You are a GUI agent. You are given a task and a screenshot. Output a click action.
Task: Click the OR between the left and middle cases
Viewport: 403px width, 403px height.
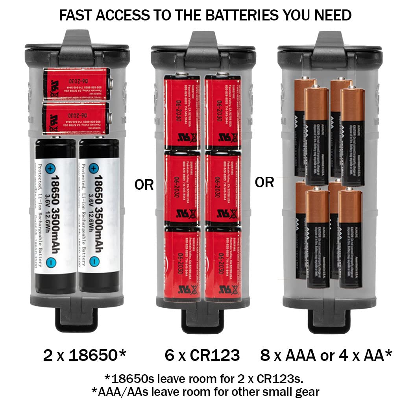144,184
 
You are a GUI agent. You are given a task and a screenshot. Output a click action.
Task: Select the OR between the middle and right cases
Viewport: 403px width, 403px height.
264,182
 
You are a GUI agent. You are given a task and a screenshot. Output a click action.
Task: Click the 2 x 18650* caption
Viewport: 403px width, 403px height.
85,355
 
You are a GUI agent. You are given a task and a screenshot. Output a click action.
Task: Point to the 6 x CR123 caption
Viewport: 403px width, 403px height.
202,355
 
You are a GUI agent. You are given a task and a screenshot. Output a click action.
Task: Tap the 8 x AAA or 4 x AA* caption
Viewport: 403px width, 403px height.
326,355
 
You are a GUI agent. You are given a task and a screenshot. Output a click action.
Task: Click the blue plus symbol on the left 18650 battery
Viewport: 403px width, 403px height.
51,170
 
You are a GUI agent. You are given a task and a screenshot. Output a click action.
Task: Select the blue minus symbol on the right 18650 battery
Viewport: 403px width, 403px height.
94,262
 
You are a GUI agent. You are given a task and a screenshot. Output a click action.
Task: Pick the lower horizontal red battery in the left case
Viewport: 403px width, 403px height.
76,118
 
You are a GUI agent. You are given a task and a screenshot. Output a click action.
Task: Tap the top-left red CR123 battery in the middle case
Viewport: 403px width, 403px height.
182,112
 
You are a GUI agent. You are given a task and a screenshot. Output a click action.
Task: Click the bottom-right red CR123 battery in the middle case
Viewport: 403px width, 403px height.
223,264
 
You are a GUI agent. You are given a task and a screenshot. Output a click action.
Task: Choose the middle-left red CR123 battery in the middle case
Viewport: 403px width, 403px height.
182,188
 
